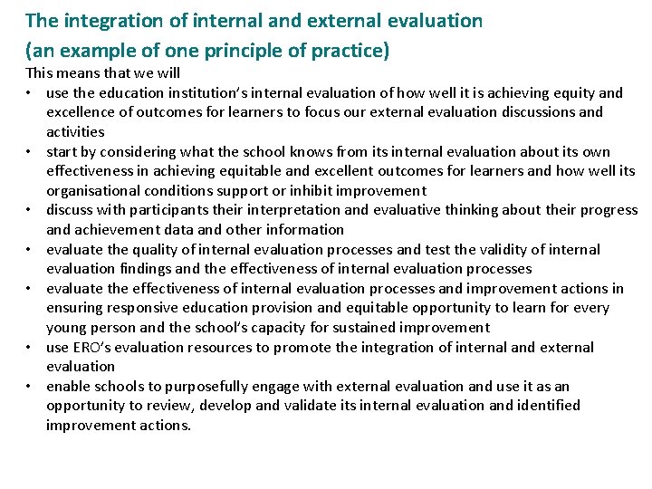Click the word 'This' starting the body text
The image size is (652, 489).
[40, 72]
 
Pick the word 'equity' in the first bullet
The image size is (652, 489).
[571, 92]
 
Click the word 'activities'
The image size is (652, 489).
[75, 132]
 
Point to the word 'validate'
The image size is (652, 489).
[301, 406]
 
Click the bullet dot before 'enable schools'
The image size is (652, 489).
[31, 387]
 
